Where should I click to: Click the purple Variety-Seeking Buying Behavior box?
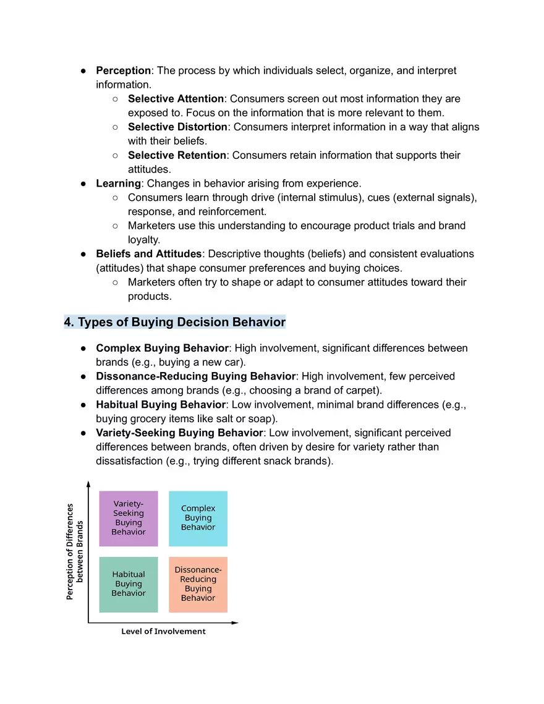click(129, 519)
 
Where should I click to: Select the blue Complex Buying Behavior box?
click(198, 519)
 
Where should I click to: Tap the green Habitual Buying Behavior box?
click(129, 584)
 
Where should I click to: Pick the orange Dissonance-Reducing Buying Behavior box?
click(198, 584)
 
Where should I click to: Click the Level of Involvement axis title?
click(163, 631)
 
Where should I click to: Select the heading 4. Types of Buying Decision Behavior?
click(175, 322)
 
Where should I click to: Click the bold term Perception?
click(123, 70)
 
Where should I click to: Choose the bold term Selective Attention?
click(176, 99)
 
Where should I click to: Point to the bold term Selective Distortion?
click(177, 127)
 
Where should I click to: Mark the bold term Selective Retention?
click(177, 155)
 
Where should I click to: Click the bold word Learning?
click(118, 184)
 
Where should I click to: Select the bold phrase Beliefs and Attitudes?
click(148, 254)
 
